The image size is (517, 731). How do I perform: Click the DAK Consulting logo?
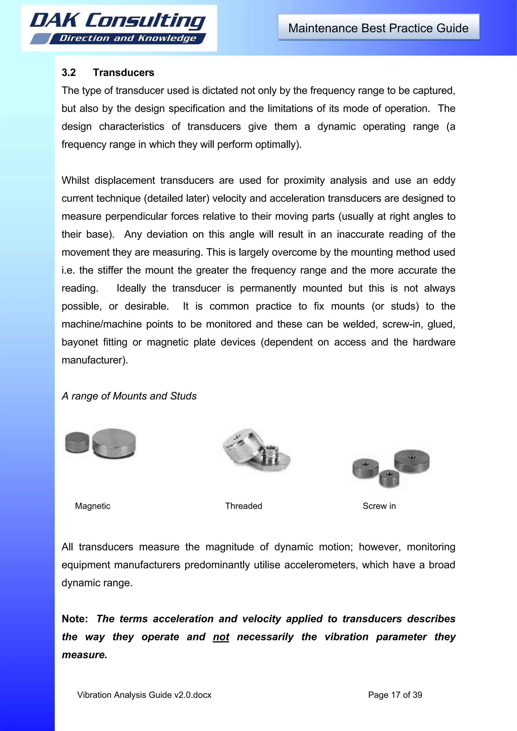pos(118,28)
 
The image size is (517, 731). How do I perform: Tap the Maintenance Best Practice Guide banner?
pos(378,28)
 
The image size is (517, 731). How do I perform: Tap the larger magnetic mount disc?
pos(114,443)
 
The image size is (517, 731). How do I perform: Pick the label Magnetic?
pos(92,506)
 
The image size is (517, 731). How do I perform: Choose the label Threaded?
pos(243,506)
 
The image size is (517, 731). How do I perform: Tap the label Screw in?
pos(379,506)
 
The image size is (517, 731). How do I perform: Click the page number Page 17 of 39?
pos(395,695)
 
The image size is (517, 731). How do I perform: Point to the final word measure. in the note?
pos(84,655)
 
